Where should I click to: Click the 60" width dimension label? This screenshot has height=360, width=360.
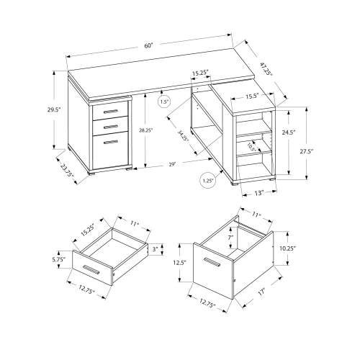coord(148,45)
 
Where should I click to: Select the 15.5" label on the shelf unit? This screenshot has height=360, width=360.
coord(251,96)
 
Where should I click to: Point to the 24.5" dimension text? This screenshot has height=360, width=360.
coord(288,132)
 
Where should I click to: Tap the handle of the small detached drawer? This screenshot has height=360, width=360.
coord(91,270)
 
